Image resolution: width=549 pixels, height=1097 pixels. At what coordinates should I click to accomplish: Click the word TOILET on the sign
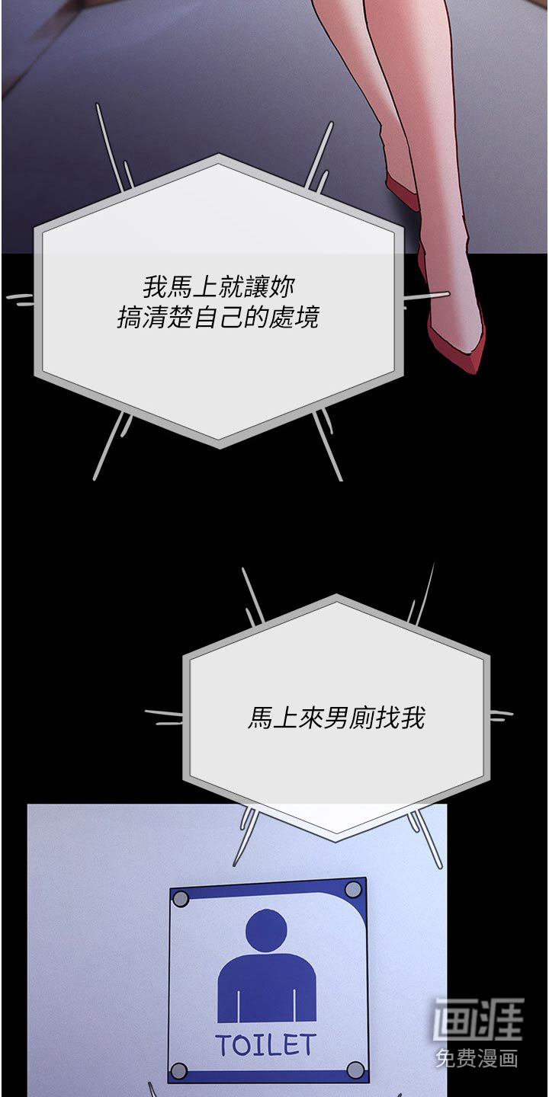[265, 1045]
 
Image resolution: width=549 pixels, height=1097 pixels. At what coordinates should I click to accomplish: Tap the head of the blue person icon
[266, 930]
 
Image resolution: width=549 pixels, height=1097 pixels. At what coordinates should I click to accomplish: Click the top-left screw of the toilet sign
[181, 899]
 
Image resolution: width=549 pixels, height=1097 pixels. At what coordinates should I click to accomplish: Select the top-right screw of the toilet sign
[352, 889]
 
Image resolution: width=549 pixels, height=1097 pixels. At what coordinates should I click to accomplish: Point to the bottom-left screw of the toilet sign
[179, 1070]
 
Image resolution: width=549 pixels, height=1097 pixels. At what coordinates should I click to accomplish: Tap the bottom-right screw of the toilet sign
[356, 1067]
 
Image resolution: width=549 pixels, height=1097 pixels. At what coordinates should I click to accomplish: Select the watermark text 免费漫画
[477, 1059]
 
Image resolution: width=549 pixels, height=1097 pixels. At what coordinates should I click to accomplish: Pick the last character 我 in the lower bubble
[413, 718]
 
